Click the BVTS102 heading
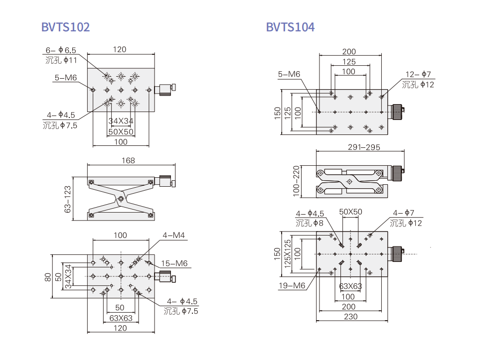coord(66,27)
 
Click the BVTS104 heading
coord(290,27)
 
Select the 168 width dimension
coord(128,160)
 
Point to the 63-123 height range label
coord(68,199)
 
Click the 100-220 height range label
coord(297,180)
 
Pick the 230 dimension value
coord(351,316)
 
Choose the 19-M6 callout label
coord(292,285)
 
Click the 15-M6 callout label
coord(174,263)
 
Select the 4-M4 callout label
coord(173,235)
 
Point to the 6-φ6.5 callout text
coord(61,50)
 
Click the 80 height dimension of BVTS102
coord(47,276)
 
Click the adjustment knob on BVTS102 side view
coord(166,181)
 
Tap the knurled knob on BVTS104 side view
coord(397,174)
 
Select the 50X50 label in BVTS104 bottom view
coord(351,212)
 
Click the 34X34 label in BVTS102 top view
coord(121,121)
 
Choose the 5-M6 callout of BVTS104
coord(289,74)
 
